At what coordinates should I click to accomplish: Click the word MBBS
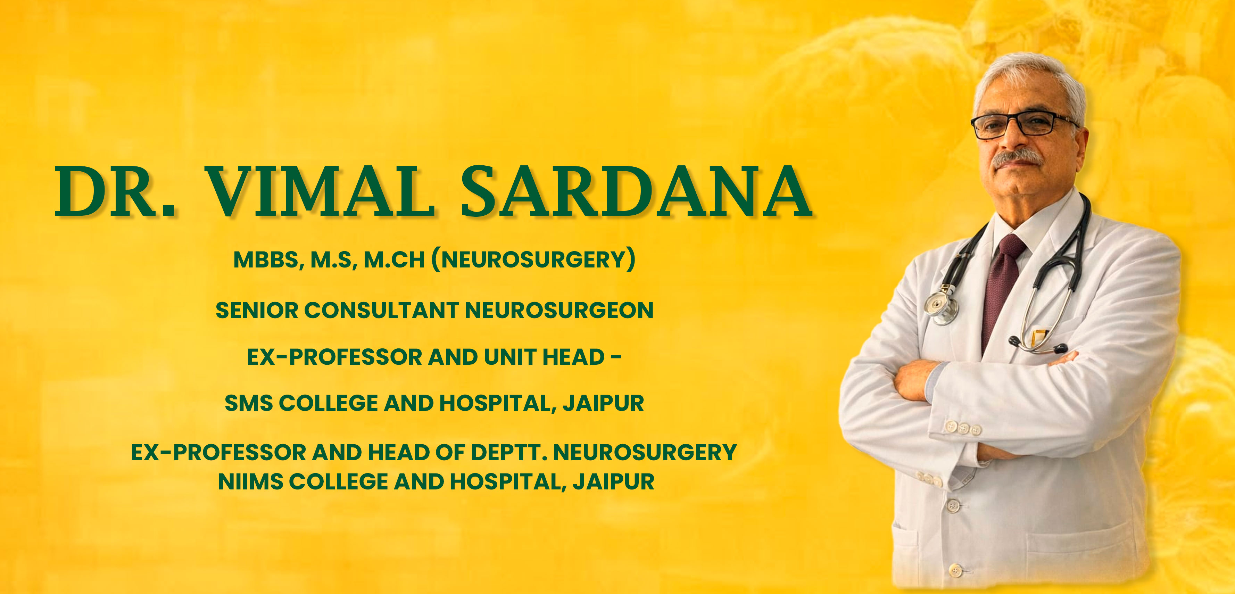tap(269, 260)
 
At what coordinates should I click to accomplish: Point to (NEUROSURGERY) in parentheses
tap(533, 260)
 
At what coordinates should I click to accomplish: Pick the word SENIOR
tap(257, 310)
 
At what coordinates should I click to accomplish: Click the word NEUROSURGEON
tap(559, 310)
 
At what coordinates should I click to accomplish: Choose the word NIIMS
tap(250, 481)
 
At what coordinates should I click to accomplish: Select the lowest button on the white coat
tap(955, 570)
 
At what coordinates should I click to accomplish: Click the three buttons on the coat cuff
tap(963, 428)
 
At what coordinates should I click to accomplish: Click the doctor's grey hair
tap(1031, 79)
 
